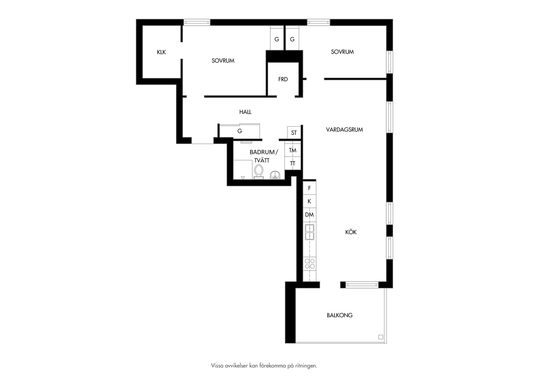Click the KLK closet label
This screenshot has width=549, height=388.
pos(161,52)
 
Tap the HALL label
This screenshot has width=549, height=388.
pos(245,112)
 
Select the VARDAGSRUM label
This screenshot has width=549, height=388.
pos(344,130)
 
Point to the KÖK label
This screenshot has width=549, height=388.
pos(351,232)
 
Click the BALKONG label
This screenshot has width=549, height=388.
pos(340,315)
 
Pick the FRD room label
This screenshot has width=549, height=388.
pos(283,79)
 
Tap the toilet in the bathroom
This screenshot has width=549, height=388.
pos(259,172)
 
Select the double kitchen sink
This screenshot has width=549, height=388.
pos(310,232)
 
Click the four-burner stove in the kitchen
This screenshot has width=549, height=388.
pos(310,264)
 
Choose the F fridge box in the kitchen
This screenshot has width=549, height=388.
pos(310,188)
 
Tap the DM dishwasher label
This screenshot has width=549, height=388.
pos(309,215)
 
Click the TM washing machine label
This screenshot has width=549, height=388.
pos(292,150)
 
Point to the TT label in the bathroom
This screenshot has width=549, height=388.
pos(292,163)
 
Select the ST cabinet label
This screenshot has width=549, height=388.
pos(294,133)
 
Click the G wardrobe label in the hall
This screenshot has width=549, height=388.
pos(240,131)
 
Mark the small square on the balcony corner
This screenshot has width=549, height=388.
pos(380,337)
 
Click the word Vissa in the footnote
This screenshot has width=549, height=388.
pos(217,366)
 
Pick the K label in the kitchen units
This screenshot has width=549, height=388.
pos(309,201)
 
